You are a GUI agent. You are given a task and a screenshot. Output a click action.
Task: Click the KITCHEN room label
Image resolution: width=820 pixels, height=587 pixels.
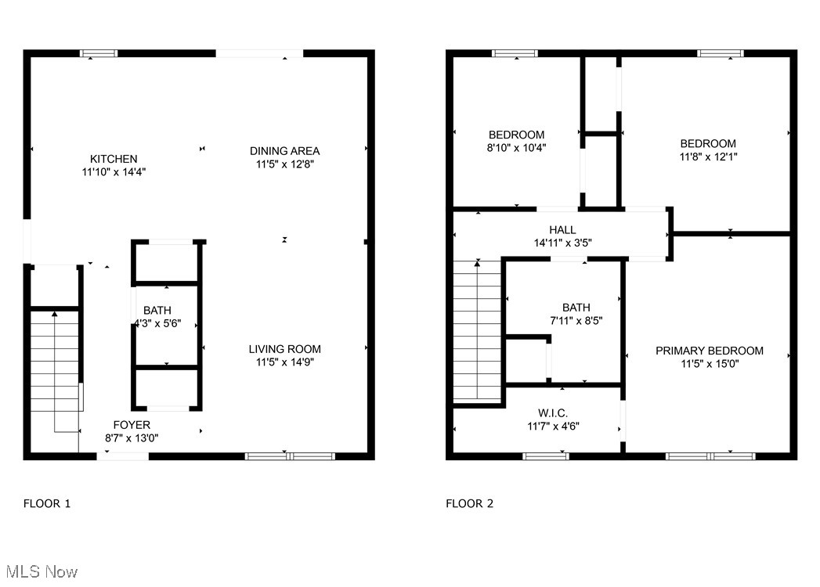pyautogui.click(x=114, y=159)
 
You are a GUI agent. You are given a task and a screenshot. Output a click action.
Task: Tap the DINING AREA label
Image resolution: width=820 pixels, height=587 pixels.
pyautogui.click(x=284, y=151)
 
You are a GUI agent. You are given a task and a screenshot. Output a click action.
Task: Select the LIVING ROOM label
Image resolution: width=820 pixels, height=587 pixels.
pyautogui.click(x=284, y=349)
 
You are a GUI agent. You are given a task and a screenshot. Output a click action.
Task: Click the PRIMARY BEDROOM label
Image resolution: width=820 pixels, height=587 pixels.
pyautogui.click(x=709, y=351)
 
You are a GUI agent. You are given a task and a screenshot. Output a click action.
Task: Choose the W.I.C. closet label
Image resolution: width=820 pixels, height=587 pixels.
pyautogui.click(x=552, y=412)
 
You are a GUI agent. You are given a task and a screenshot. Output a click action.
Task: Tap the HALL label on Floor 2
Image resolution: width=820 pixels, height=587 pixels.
pyautogui.click(x=562, y=229)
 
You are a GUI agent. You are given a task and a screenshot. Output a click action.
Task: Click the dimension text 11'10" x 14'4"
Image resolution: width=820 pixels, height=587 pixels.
pyautogui.click(x=114, y=172)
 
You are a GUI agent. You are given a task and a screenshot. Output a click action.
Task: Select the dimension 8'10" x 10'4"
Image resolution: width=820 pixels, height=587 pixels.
pyautogui.click(x=516, y=147)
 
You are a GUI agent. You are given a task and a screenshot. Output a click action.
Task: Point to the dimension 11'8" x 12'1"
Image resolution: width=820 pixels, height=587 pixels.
pyautogui.click(x=708, y=157)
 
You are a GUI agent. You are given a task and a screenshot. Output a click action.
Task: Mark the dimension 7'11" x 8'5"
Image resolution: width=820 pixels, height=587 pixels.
pyautogui.click(x=576, y=320)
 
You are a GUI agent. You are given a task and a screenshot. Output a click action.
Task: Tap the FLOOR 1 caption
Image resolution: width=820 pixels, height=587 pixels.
pyautogui.click(x=47, y=504)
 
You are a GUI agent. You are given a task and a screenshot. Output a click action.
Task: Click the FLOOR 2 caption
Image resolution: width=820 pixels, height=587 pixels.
pyautogui.click(x=470, y=504)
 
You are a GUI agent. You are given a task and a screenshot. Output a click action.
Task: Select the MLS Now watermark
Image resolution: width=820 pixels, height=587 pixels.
pyautogui.click(x=40, y=572)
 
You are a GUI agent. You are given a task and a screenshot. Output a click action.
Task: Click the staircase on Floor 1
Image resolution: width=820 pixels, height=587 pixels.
pyautogui.click(x=55, y=360)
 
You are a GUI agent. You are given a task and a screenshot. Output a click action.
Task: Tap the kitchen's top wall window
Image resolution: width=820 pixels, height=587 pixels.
pyautogui.click(x=99, y=53)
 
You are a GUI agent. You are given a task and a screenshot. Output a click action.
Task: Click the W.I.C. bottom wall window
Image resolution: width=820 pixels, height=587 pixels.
pyautogui.click(x=545, y=455)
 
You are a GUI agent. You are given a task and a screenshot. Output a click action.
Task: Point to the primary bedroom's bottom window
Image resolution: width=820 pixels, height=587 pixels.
pyautogui.click(x=710, y=455)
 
